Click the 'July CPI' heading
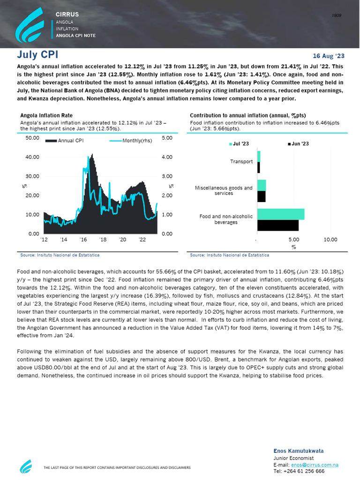[37, 54]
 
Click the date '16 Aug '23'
[328, 56]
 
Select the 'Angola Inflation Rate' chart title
[46, 115]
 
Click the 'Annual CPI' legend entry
[64, 141]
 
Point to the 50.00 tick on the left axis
[32, 138]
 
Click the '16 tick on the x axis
[83, 240]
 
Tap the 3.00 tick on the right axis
[167, 176]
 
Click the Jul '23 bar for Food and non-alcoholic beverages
[281, 214]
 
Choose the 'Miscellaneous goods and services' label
[224, 190]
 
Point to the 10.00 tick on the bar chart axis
[330, 240]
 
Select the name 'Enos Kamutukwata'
[298, 451]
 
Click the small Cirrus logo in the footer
[26, 466]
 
